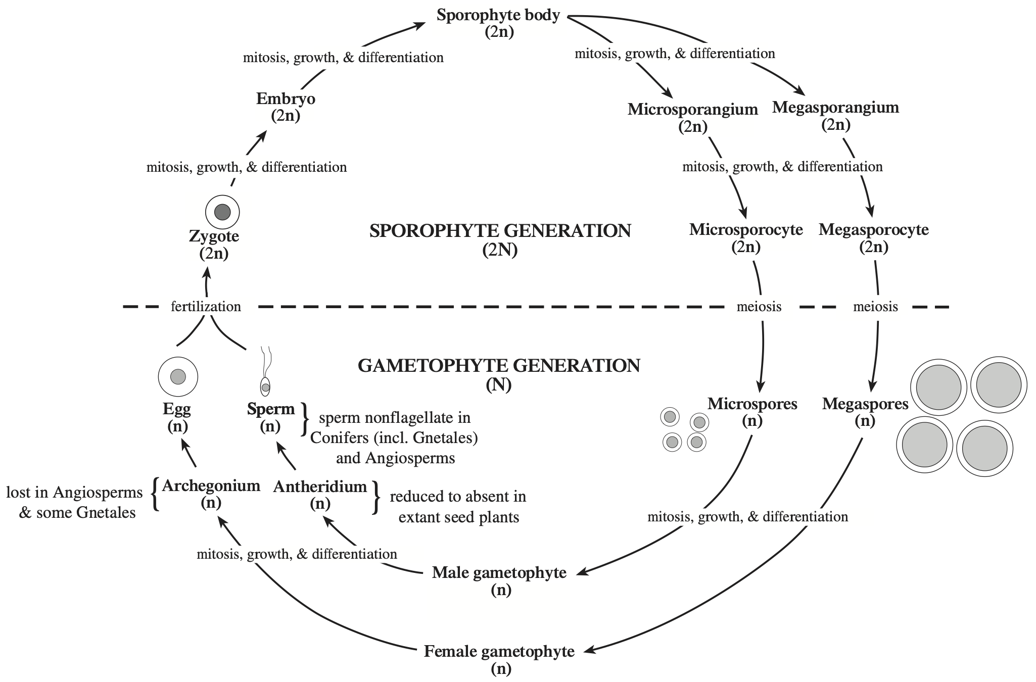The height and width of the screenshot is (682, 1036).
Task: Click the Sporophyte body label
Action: click(498, 16)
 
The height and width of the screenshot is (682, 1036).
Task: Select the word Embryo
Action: click(286, 99)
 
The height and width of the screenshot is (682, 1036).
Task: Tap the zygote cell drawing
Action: click(222, 212)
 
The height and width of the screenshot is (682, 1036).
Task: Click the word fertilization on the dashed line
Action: click(206, 307)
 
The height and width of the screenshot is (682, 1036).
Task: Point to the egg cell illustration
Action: click(178, 376)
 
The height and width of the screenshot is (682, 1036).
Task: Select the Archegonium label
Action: click(211, 486)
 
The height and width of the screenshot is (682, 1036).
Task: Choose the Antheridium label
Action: click(320, 487)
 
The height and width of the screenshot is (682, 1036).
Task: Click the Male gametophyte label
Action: click(499, 572)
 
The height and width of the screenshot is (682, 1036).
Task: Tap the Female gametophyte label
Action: click(499, 652)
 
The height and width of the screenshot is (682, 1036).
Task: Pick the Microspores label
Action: click(752, 404)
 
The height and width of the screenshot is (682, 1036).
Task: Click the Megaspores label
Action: click(865, 404)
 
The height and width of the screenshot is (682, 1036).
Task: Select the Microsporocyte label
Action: click(746, 230)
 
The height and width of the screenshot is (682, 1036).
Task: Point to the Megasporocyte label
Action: click(874, 230)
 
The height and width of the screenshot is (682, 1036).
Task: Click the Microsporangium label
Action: click(693, 109)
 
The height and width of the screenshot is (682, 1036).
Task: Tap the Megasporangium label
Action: click(836, 108)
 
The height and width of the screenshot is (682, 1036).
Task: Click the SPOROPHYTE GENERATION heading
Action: click(500, 231)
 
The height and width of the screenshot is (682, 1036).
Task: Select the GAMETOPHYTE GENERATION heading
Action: click(499, 365)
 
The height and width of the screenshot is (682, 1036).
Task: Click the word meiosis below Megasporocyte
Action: click(875, 307)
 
